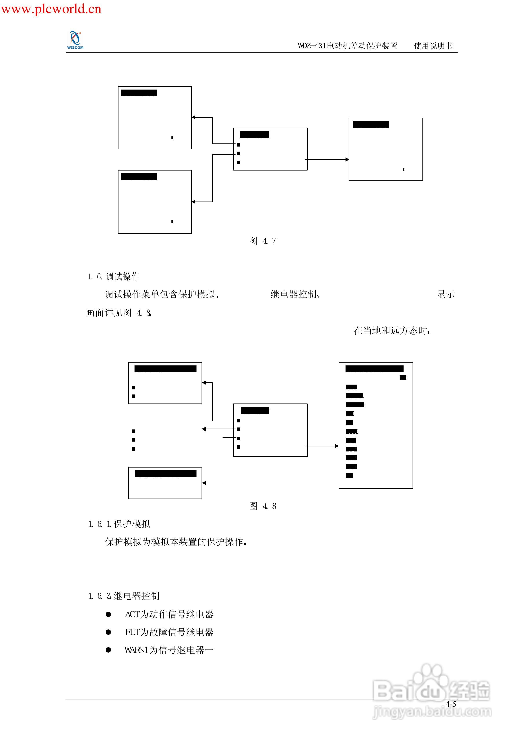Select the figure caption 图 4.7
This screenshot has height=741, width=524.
click(x=262, y=241)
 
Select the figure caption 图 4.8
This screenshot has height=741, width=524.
click(x=262, y=506)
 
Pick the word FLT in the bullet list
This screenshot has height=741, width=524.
click(x=132, y=632)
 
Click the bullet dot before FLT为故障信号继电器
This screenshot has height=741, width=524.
click(x=108, y=632)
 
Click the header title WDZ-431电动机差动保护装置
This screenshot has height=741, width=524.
click(x=347, y=46)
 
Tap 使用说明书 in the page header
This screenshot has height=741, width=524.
click(x=433, y=46)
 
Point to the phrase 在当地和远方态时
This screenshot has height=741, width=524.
click(x=391, y=331)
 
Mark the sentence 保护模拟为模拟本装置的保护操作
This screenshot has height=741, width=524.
click(x=176, y=542)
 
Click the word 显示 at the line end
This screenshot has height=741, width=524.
click(x=446, y=294)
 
